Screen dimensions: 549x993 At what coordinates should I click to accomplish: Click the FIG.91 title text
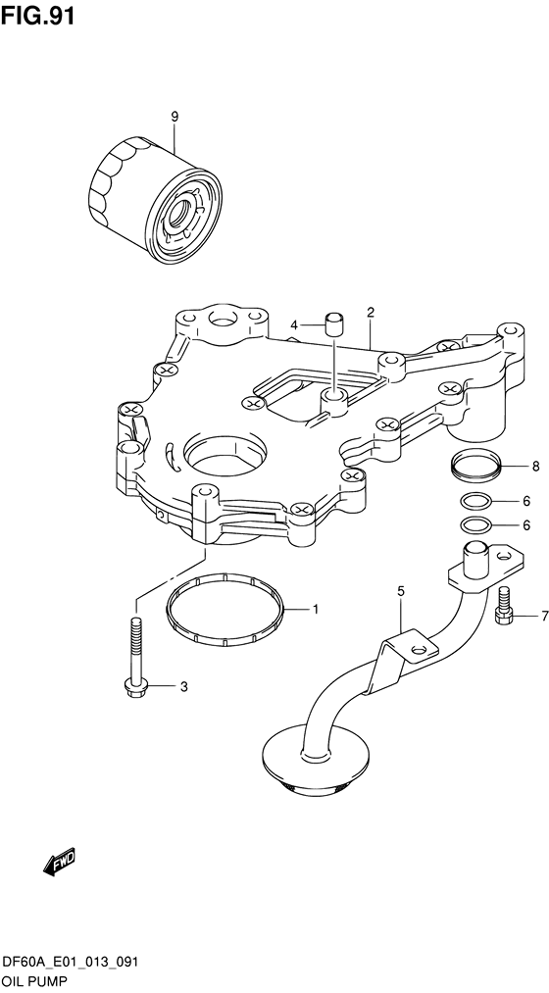tap(38, 16)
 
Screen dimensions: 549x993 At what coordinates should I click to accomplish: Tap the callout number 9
tap(175, 117)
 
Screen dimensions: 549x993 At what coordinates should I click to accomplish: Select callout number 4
tap(293, 325)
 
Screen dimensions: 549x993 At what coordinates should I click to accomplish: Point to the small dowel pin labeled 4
tap(333, 325)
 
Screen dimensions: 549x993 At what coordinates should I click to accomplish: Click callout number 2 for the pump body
tap(371, 312)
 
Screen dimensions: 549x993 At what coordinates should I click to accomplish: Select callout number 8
tap(535, 467)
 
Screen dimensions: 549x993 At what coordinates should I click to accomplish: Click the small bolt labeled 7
tap(502, 606)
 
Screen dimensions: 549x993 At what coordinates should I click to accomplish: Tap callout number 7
tap(543, 615)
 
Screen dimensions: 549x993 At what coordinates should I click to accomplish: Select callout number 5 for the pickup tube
tap(401, 591)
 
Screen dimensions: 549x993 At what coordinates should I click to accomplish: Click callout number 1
tap(315, 611)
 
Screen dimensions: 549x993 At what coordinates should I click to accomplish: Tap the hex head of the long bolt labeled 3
tap(133, 686)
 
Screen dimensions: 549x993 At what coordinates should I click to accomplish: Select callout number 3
tap(184, 686)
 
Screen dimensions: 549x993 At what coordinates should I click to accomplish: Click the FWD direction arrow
tap(59, 862)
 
